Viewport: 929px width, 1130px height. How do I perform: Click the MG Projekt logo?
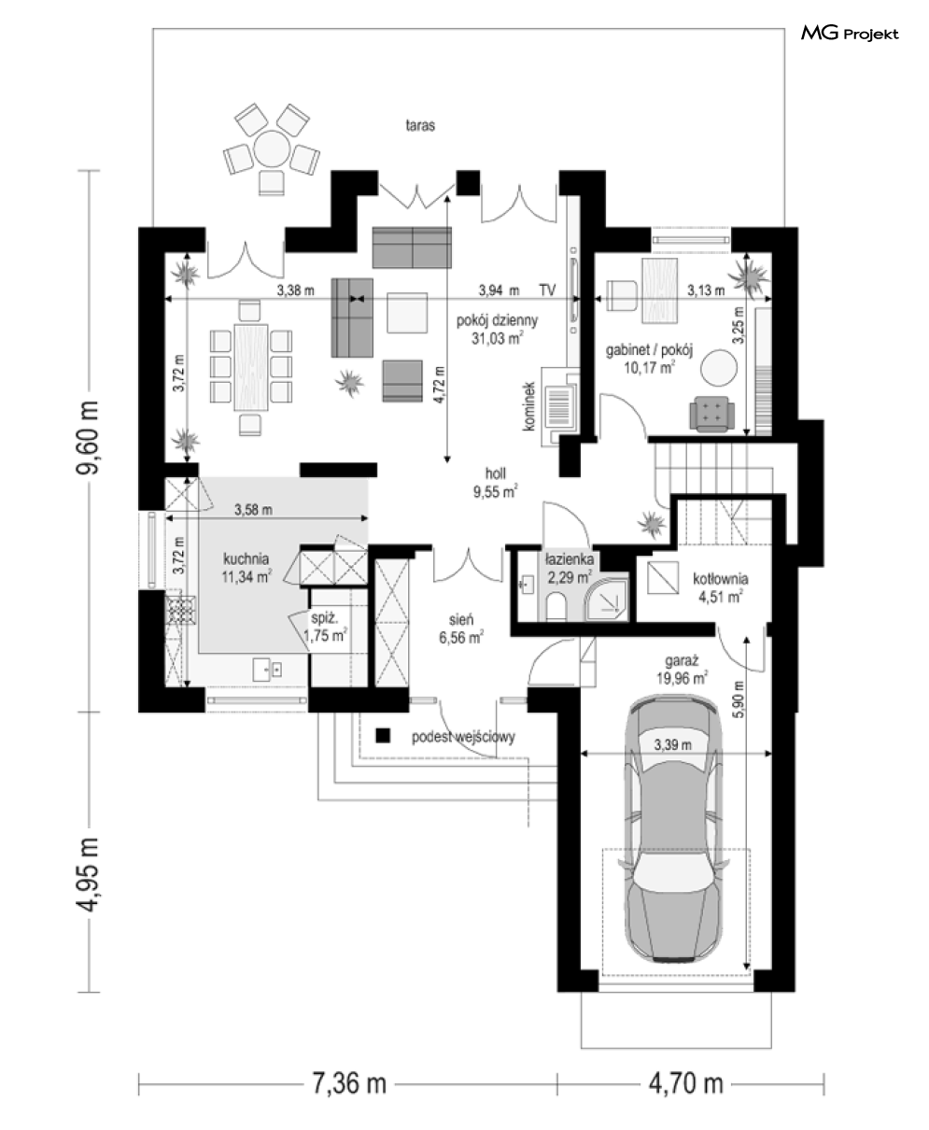click(x=850, y=34)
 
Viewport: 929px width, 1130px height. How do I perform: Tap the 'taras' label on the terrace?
click(x=420, y=125)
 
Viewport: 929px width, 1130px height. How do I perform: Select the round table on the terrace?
click(x=272, y=148)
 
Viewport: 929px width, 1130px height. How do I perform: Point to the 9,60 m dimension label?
click(x=88, y=437)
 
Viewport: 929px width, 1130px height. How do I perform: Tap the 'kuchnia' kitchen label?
click(x=246, y=558)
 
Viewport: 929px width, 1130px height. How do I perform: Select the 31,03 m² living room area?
click(x=498, y=338)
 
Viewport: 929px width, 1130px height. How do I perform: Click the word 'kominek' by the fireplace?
click(x=529, y=406)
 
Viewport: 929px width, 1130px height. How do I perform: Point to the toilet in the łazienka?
click(x=556, y=607)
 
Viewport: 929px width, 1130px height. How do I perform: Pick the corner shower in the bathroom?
click(x=607, y=599)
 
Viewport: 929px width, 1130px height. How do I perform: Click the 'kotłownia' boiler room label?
click(x=720, y=579)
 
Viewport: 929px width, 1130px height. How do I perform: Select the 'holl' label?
click(x=496, y=473)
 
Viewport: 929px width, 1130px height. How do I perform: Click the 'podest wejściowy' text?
click(x=463, y=737)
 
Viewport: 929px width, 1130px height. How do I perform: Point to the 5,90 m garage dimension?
click(x=739, y=699)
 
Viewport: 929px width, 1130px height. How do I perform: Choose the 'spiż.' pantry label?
click(x=325, y=618)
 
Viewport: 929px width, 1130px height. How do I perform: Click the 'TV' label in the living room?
click(x=547, y=290)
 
